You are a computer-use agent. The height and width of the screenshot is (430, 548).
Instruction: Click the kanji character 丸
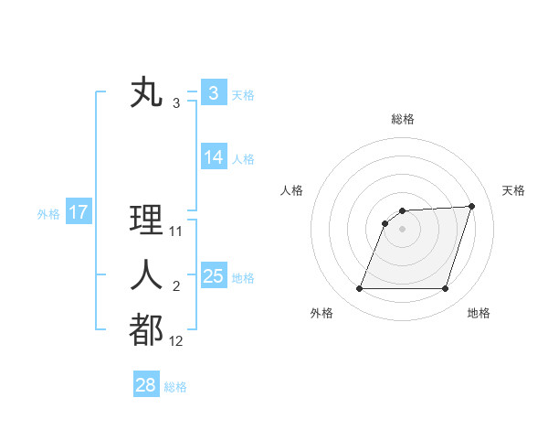coord(147,93)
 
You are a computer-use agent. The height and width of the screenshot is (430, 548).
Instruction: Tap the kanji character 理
coord(147,221)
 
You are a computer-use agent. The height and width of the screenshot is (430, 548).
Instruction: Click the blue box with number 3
coord(213,93)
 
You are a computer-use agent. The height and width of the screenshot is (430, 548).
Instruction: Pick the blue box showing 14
coord(213,157)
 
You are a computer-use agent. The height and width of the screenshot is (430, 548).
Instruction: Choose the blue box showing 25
coord(213,276)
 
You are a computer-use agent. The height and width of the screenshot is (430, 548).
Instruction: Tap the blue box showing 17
coord(78,213)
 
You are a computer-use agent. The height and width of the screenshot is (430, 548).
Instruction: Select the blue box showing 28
coord(145,385)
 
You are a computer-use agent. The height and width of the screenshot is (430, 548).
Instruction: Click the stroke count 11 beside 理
coord(176,231)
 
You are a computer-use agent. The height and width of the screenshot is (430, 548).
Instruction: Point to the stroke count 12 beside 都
coord(176,341)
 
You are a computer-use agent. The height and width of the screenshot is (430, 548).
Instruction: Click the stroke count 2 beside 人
coord(176,287)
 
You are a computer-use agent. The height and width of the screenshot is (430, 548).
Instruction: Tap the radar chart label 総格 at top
coord(403,119)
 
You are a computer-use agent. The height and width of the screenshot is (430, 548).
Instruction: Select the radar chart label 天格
coord(513,190)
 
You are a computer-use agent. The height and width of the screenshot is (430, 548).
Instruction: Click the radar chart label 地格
coord(479,313)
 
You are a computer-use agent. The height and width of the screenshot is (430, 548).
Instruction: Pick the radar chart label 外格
coord(321,313)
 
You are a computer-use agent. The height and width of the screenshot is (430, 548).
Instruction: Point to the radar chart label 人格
coord(292,190)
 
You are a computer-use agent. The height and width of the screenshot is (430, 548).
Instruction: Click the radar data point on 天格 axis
coord(472,206)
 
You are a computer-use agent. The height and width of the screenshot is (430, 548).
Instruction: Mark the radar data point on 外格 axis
coord(359,289)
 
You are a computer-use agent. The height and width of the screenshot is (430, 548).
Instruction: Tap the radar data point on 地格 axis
coord(445,289)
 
